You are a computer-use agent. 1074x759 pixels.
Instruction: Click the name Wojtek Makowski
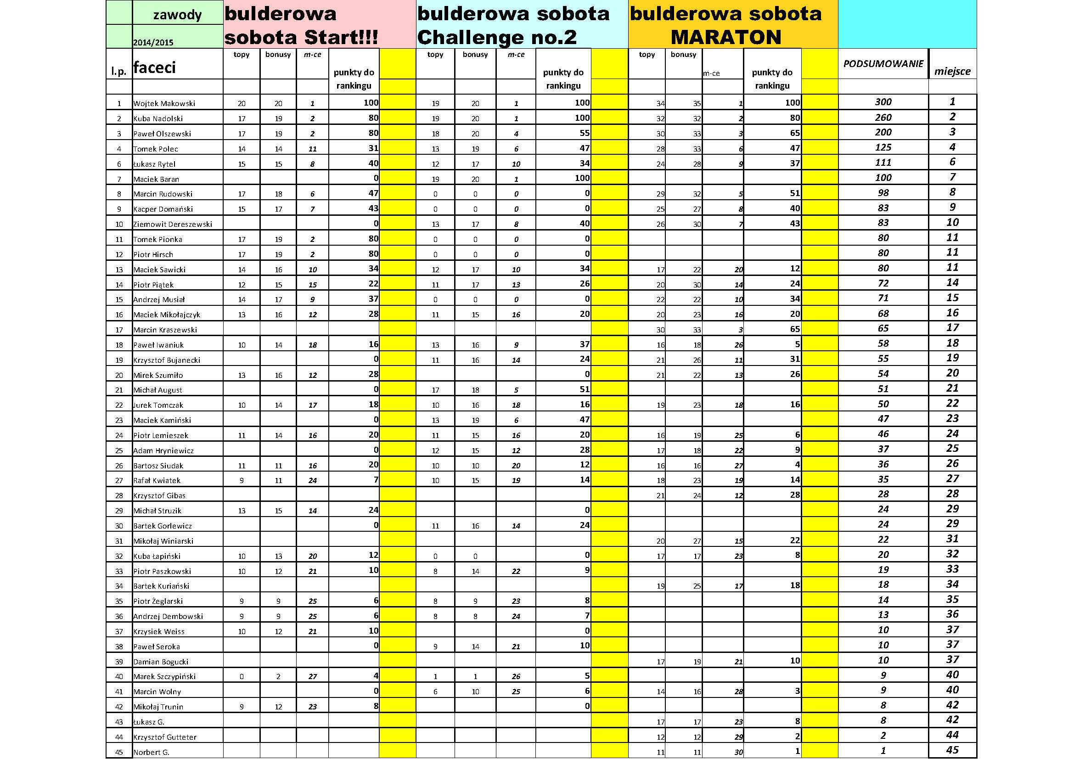[164, 103]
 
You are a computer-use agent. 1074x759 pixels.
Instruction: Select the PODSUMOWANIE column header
[883, 64]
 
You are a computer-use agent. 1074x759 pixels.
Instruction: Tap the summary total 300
[883, 102]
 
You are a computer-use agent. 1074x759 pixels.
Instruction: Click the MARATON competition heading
[726, 37]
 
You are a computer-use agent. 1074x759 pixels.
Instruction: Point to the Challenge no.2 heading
[497, 37]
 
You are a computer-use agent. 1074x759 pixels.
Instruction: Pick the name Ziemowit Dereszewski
[173, 224]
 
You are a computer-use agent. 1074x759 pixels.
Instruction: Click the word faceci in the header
[154, 67]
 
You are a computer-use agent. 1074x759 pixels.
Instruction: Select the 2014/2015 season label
[153, 43]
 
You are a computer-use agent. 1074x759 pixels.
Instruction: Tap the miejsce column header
[952, 71]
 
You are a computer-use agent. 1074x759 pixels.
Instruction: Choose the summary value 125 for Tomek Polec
[883, 147]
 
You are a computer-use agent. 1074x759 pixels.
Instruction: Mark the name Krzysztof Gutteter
[165, 737]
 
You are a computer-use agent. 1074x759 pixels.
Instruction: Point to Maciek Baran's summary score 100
[883, 178]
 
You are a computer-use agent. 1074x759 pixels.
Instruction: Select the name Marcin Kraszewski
[165, 330]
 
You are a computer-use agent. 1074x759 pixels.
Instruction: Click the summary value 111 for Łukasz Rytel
[883, 162]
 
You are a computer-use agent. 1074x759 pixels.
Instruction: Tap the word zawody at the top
[177, 15]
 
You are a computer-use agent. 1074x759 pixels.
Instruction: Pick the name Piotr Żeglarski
[158, 601]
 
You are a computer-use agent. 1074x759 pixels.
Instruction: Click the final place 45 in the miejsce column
[952, 751]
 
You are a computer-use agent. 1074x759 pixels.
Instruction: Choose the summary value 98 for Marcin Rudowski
[883, 193]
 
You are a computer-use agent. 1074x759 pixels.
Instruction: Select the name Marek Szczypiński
[165, 676]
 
